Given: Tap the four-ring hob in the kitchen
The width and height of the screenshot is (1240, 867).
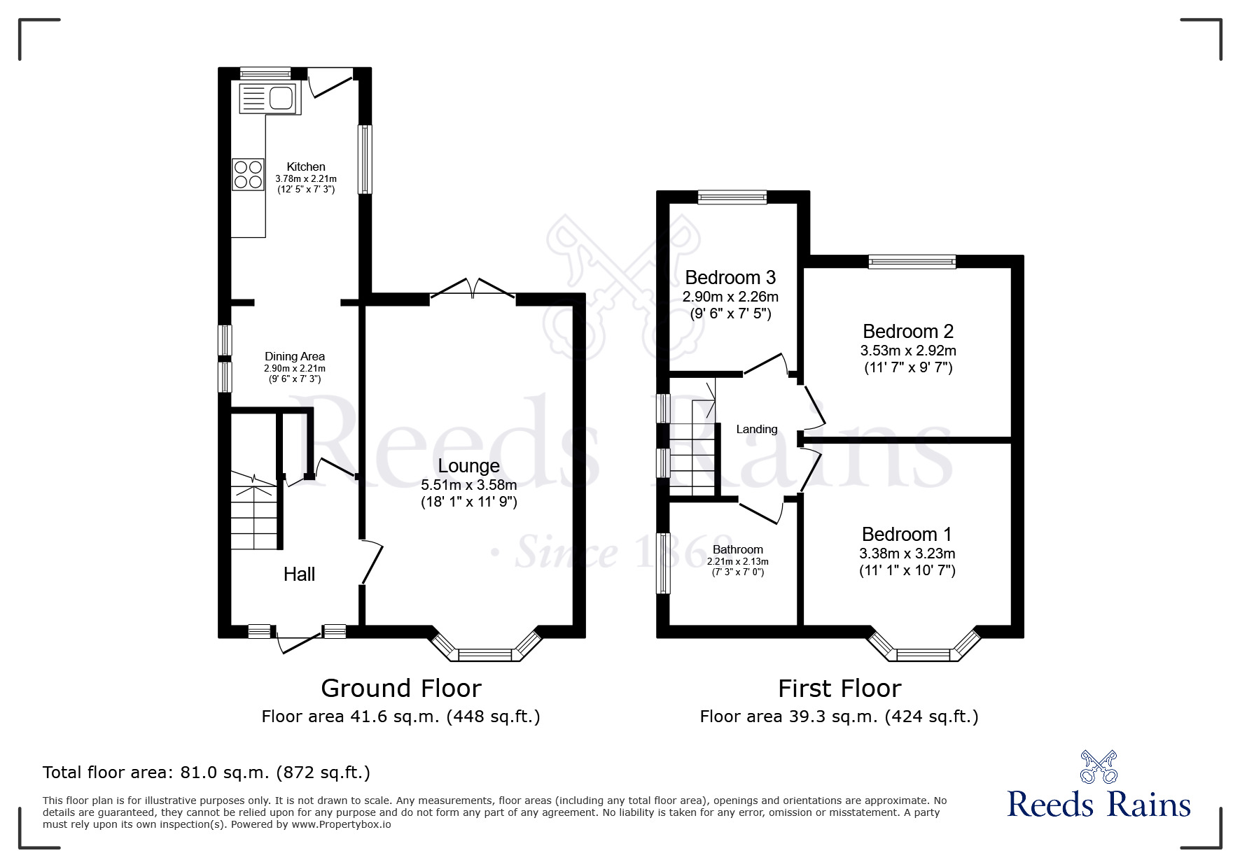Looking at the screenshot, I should pos(249,174).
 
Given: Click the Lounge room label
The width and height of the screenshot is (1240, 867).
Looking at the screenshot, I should pos(468,466).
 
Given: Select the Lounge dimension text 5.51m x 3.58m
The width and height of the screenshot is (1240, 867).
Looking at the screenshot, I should pos(468,485).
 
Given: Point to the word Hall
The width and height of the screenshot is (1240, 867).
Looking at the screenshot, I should pos(299,575).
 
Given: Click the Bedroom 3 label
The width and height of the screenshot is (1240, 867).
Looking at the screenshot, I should pos(730,278).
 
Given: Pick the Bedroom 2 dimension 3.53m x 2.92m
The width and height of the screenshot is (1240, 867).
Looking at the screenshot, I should pos(907,351).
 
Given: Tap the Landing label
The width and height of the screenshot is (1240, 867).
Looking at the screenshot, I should pos(756,430).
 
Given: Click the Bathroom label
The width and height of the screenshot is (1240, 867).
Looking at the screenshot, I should pos(737,550).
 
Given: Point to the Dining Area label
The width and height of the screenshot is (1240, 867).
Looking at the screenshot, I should pos(294,356).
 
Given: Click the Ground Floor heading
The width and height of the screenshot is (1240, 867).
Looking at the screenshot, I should pos(400,689).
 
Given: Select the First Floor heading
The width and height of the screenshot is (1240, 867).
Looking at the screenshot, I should pos(839,689).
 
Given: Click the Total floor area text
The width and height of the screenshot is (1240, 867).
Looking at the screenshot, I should pos(206,773).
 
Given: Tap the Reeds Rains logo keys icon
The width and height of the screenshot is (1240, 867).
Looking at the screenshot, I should pos(1099,767).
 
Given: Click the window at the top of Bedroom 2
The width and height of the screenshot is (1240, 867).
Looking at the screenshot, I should pos(912,261).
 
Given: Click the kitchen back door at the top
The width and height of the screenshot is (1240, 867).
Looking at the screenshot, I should pos(329,82).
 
